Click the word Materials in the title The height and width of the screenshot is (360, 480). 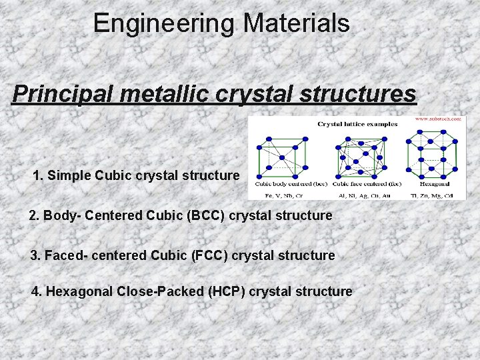coord(296,24)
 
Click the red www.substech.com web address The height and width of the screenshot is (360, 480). coord(438,119)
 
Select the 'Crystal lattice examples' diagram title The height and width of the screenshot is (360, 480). coord(357,124)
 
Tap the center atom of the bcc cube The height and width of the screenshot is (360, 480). coord(282,157)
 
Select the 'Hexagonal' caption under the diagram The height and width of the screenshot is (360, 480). coord(434,183)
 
